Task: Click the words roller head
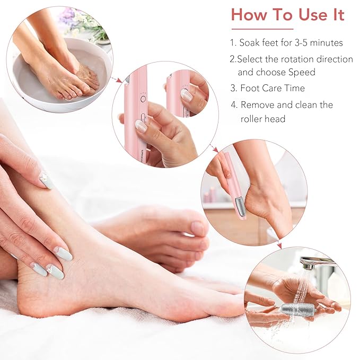(x=264, y=119)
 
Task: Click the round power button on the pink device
(x=143, y=98)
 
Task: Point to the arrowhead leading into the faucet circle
(x=279, y=247)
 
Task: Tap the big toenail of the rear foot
(x=197, y=228)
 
